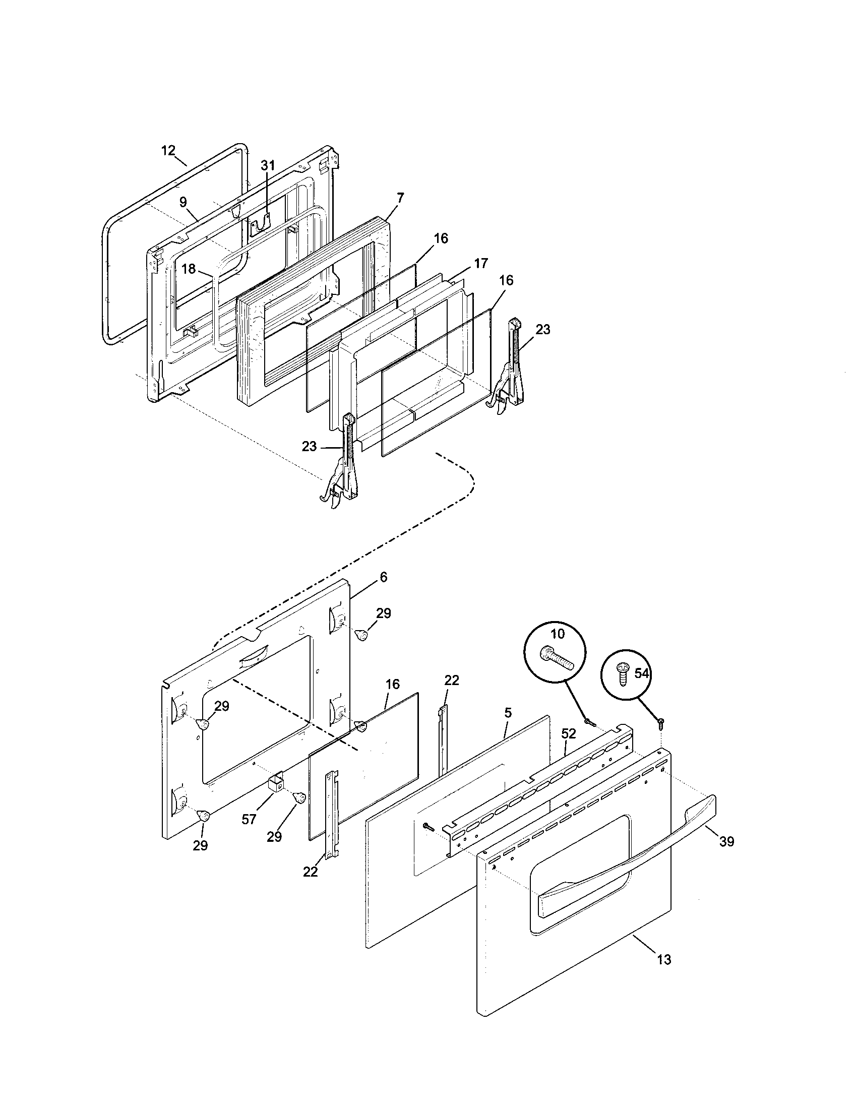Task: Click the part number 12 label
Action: (x=168, y=150)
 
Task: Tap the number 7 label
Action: (x=400, y=198)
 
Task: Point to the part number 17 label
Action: (x=481, y=263)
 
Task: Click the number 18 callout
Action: (x=189, y=269)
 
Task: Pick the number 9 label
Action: (x=183, y=202)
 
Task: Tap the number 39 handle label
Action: (x=726, y=841)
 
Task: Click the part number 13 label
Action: (x=663, y=960)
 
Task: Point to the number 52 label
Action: (x=569, y=733)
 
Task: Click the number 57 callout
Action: (x=249, y=819)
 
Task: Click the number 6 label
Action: (x=383, y=577)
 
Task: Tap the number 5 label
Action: (x=508, y=713)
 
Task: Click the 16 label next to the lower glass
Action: (x=393, y=684)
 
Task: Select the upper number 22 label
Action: (x=451, y=680)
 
